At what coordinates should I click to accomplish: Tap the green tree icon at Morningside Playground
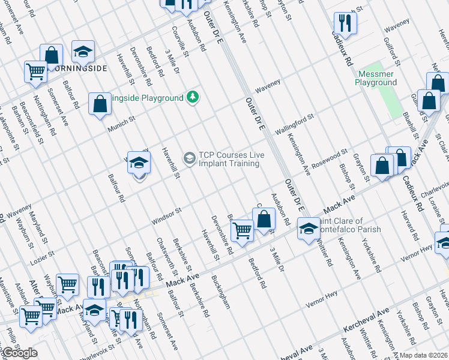click(x=192, y=97)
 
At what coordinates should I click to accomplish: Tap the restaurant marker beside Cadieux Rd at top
click(x=345, y=23)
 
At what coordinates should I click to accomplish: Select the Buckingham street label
click(x=220, y=292)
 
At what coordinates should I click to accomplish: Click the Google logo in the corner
click(x=19, y=353)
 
